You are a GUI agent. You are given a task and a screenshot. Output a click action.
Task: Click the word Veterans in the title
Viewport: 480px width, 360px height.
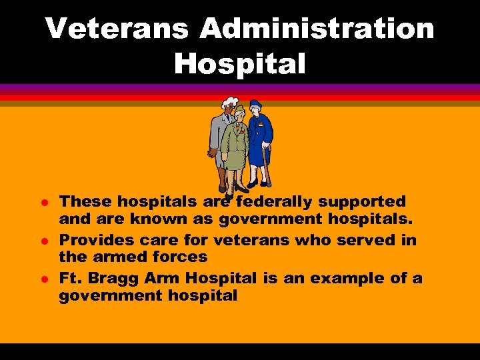click(x=114, y=29)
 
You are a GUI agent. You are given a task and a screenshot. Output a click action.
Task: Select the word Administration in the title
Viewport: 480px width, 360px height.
click(x=317, y=29)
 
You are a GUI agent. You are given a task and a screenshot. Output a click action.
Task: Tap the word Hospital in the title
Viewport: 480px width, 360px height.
click(x=239, y=64)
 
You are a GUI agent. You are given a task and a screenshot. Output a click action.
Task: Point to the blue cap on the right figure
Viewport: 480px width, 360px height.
click(x=256, y=105)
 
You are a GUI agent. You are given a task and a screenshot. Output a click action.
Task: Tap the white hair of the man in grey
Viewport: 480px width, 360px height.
click(x=229, y=103)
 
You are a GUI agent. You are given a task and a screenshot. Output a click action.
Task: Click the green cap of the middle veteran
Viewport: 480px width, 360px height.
click(x=239, y=109)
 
